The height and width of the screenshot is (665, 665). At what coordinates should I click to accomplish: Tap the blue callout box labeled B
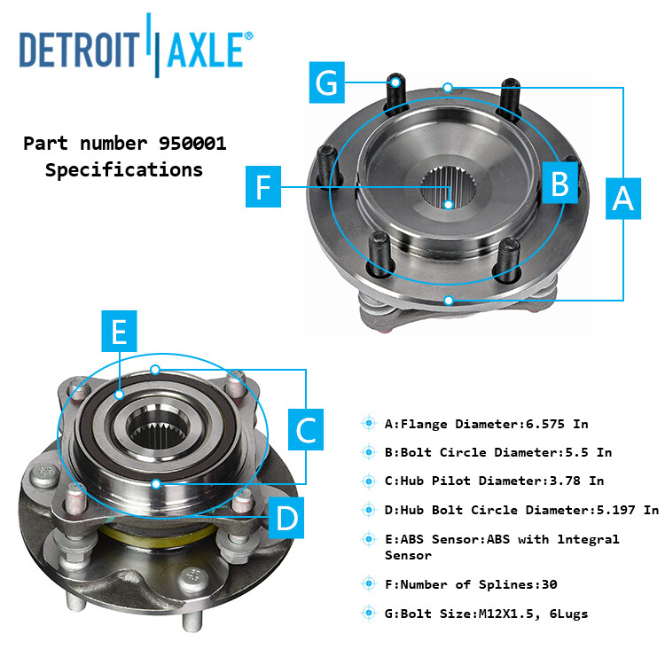559,183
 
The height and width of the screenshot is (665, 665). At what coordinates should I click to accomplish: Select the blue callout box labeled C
306,431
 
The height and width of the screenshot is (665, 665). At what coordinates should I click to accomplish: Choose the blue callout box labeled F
263,187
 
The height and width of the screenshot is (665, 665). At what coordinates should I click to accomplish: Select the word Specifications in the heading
123,169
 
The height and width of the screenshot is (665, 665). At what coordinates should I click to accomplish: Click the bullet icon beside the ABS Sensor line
368,539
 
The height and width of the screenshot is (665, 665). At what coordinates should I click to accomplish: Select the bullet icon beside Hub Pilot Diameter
368,481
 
